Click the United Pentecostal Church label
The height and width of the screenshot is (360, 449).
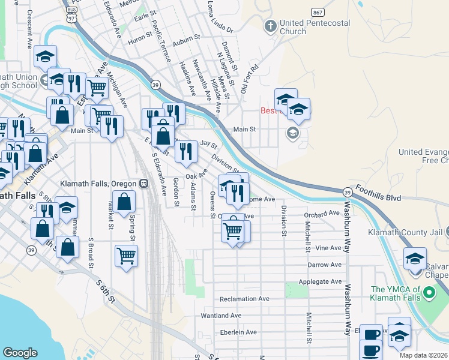point(310,27)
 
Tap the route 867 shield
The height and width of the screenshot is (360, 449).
point(318,12)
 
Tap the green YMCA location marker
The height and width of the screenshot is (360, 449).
point(428,293)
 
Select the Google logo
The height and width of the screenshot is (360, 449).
point(20,353)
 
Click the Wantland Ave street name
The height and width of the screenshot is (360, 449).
point(221,316)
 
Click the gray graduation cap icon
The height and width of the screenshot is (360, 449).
point(292,133)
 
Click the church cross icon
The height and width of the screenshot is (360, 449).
point(271,26)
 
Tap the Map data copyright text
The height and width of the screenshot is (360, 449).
point(424,355)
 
